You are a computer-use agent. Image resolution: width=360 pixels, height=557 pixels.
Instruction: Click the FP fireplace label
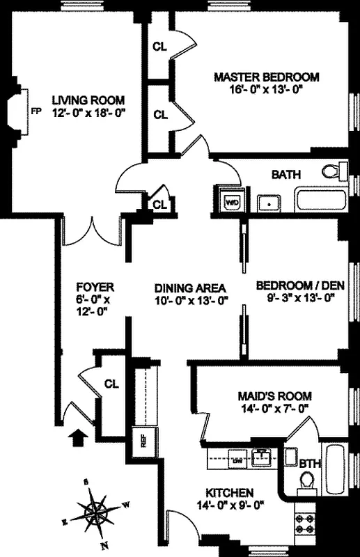tap(36, 111)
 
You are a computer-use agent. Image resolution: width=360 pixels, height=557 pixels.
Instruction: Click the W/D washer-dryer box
tap(230, 203)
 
